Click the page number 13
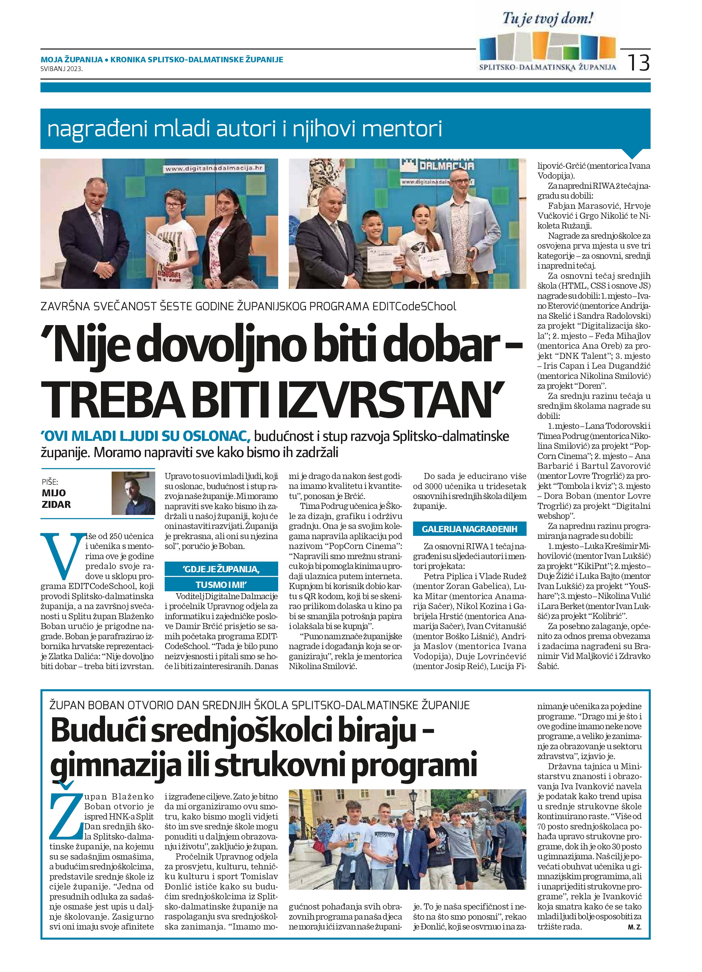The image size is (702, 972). [639, 63]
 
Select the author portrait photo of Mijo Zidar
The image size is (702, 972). [133, 493]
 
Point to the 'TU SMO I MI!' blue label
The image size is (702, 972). [222, 585]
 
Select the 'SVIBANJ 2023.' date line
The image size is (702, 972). [62, 68]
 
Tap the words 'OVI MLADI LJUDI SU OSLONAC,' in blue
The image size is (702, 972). [146, 436]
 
